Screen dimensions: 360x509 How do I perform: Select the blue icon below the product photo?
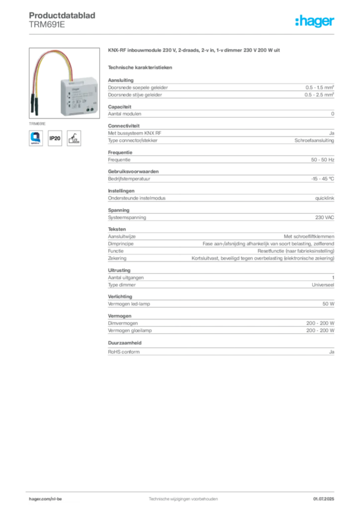pos(37,137)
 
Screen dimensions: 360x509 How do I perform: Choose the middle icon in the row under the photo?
pos(55,138)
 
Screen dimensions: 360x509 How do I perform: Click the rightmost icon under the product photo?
pos(74,138)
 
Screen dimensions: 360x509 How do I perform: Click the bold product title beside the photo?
pos(194,52)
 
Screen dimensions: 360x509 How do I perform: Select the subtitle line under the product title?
pos(141,67)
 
